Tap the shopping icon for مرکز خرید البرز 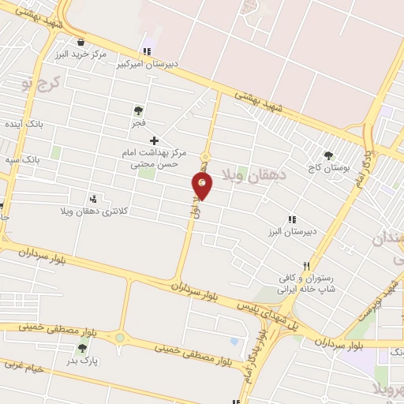tap(80, 42)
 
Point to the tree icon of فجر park tap(139, 111)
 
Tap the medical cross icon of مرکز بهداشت tap(154, 140)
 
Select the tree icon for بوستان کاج tap(329, 156)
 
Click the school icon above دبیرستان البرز tap(292, 219)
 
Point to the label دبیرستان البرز tap(290, 232)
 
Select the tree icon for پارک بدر tap(82, 348)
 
